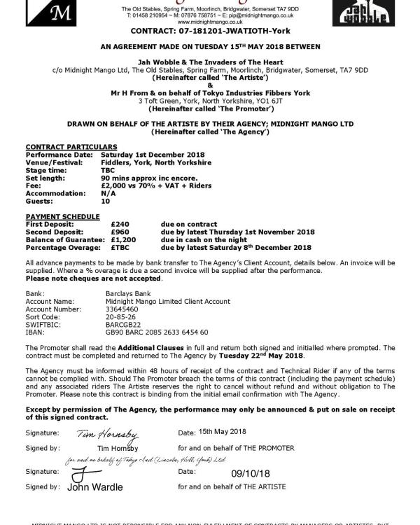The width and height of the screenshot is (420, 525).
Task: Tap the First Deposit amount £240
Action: pyautogui.click(x=120, y=224)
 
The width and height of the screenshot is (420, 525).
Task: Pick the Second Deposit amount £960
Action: pyautogui.click(x=120, y=232)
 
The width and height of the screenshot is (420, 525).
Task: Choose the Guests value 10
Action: pyautogui.click(x=105, y=200)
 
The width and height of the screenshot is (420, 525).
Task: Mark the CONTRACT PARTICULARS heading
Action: pyautogui.click(x=62, y=146)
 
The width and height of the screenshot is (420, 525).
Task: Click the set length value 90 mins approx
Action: pyautogui.click(x=149, y=177)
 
